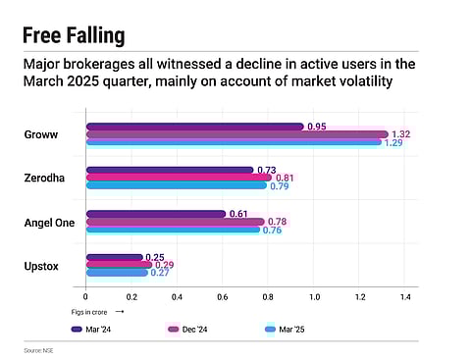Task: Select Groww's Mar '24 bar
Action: (194, 127)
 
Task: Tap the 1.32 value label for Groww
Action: (400, 134)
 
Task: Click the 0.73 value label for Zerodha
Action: (266, 170)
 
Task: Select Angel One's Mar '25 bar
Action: (173, 230)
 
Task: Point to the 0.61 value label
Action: (238, 214)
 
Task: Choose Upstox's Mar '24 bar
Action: (114, 257)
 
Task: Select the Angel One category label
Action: (49, 222)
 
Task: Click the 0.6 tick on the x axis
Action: (223, 296)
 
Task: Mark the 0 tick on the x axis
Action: (86, 296)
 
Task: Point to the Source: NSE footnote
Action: (40, 350)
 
